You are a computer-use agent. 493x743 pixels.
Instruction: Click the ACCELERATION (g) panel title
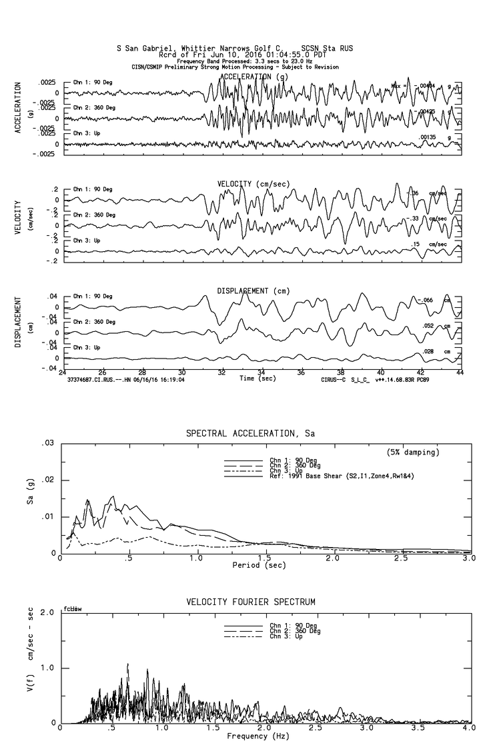tap(256, 77)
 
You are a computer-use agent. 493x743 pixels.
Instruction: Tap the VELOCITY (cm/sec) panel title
tap(253, 183)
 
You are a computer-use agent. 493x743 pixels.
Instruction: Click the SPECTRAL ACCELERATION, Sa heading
tap(250, 434)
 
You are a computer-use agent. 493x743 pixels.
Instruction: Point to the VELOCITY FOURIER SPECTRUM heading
tap(251, 602)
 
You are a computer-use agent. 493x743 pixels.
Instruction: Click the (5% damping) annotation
tap(413, 452)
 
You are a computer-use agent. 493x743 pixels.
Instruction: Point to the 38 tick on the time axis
tap(342, 372)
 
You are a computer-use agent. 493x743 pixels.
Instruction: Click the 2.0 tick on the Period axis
tap(332, 559)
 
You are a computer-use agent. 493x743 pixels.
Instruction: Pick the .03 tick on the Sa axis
tap(49, 443)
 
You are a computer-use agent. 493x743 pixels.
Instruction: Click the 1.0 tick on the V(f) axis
tap(47, 668)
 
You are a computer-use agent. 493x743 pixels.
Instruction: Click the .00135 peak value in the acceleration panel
tap(428, 137)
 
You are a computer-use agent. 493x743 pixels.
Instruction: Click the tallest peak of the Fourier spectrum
tap(127, 664)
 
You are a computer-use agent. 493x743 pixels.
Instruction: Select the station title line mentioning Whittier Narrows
tap(234, 49)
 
